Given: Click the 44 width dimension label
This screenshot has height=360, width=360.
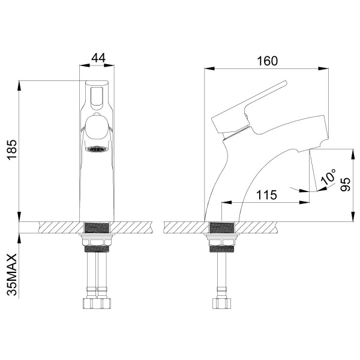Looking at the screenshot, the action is (98, 58).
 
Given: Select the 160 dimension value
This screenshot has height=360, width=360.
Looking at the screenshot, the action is (267, 61).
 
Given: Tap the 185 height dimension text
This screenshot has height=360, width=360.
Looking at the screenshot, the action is (12, 149).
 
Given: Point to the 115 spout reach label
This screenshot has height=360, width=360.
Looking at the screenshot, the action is (266, 195).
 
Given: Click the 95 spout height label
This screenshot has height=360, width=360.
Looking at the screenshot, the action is (345, 184).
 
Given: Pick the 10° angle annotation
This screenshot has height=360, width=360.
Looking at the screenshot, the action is (329, 177).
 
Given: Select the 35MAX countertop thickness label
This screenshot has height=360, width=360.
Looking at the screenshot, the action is (12, 275).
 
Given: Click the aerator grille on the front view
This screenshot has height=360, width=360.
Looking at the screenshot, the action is (97, 149).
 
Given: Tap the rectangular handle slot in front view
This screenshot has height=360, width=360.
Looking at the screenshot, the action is (97, 96).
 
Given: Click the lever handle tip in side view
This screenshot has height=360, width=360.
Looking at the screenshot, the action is (285, 83).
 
